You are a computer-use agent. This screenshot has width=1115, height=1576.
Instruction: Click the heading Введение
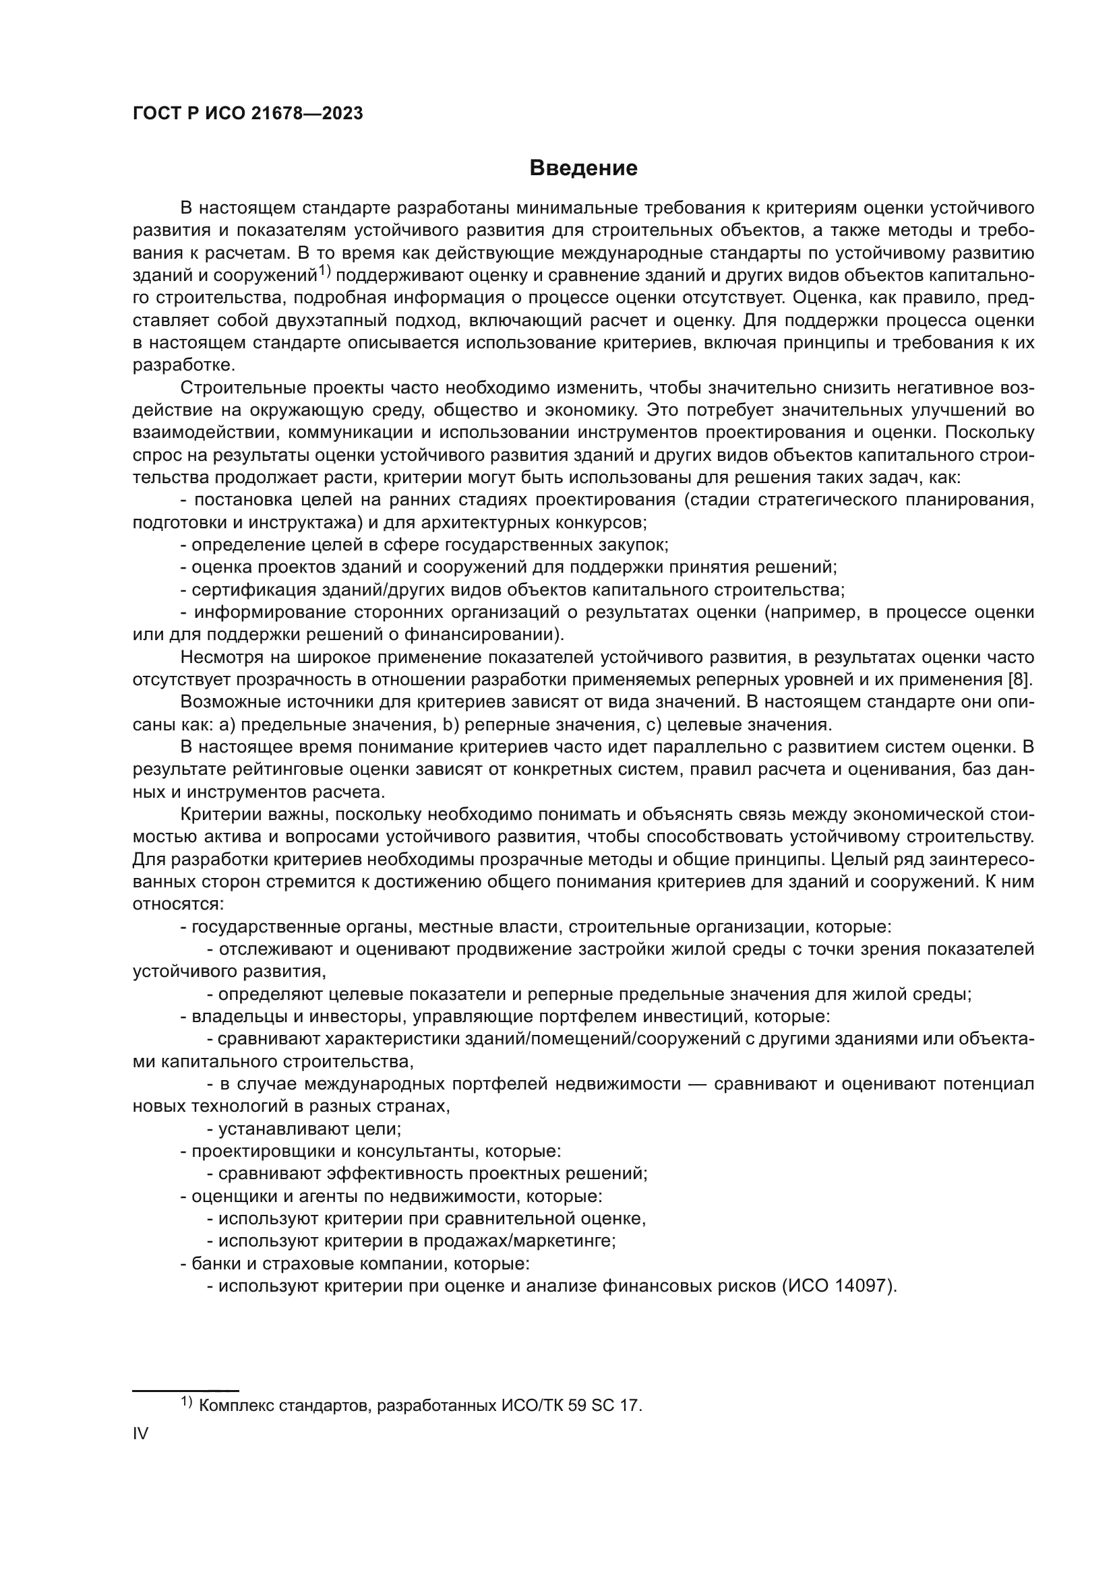tap(584, 168)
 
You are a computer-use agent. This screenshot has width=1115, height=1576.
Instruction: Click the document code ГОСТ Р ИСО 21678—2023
tap(248, 114)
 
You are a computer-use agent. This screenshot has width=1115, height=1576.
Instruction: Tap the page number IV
tap(140, 1433)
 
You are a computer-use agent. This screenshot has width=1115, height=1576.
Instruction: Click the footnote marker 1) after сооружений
tap(324, 272)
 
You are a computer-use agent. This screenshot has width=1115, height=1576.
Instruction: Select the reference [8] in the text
tap(1019, 680)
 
